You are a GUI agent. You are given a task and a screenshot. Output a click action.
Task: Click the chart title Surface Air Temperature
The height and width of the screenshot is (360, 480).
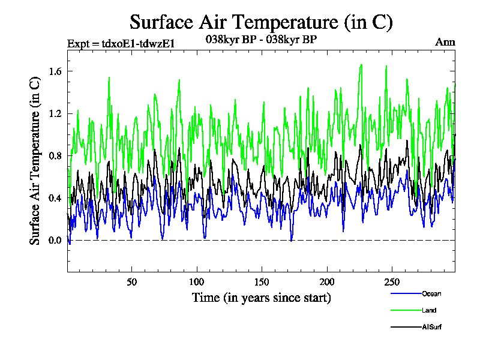coord(261,22)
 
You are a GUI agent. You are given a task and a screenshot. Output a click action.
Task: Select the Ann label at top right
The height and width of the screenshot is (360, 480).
coord(445,42)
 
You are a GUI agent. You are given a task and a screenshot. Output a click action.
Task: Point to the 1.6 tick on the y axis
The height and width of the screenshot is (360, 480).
coord(55,71)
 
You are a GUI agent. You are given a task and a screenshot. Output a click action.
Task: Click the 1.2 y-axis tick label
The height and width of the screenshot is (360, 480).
coord(55,113)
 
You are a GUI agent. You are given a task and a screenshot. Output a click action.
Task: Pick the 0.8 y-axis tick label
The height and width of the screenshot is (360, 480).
coord(55,156)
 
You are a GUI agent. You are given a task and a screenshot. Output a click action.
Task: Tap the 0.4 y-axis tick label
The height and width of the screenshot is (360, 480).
coord(55,198)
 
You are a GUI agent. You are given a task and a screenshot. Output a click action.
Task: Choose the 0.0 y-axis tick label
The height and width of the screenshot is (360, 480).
coord(55,241)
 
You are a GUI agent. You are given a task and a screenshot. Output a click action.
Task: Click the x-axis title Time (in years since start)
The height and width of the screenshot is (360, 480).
coord(261,298)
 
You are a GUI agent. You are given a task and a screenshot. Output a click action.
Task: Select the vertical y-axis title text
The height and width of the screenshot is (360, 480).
coord(35,161)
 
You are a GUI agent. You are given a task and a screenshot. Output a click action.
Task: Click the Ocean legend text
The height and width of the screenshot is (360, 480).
coord(431,293)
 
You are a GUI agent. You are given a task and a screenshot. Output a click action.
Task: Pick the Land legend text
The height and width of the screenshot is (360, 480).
coord(428,310)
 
